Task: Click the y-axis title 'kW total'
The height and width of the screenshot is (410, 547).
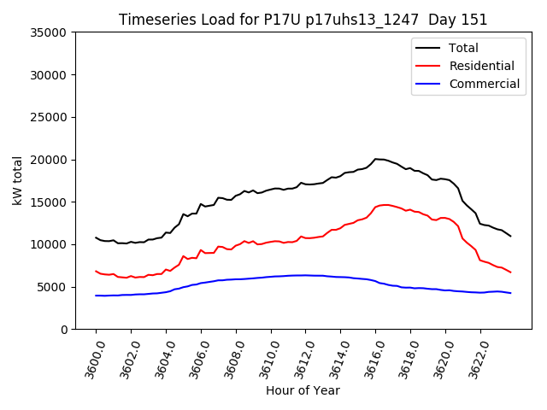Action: [x=18, y=181]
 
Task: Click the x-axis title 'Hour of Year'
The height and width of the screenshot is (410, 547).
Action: [x=303, y=390]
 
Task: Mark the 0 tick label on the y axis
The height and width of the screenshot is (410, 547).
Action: [x=64, y=329]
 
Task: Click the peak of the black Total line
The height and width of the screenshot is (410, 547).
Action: [x=376, y=159]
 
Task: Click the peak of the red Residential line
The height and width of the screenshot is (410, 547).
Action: [x=385, y=205]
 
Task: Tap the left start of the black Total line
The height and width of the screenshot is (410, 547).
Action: [x=96, y=237]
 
